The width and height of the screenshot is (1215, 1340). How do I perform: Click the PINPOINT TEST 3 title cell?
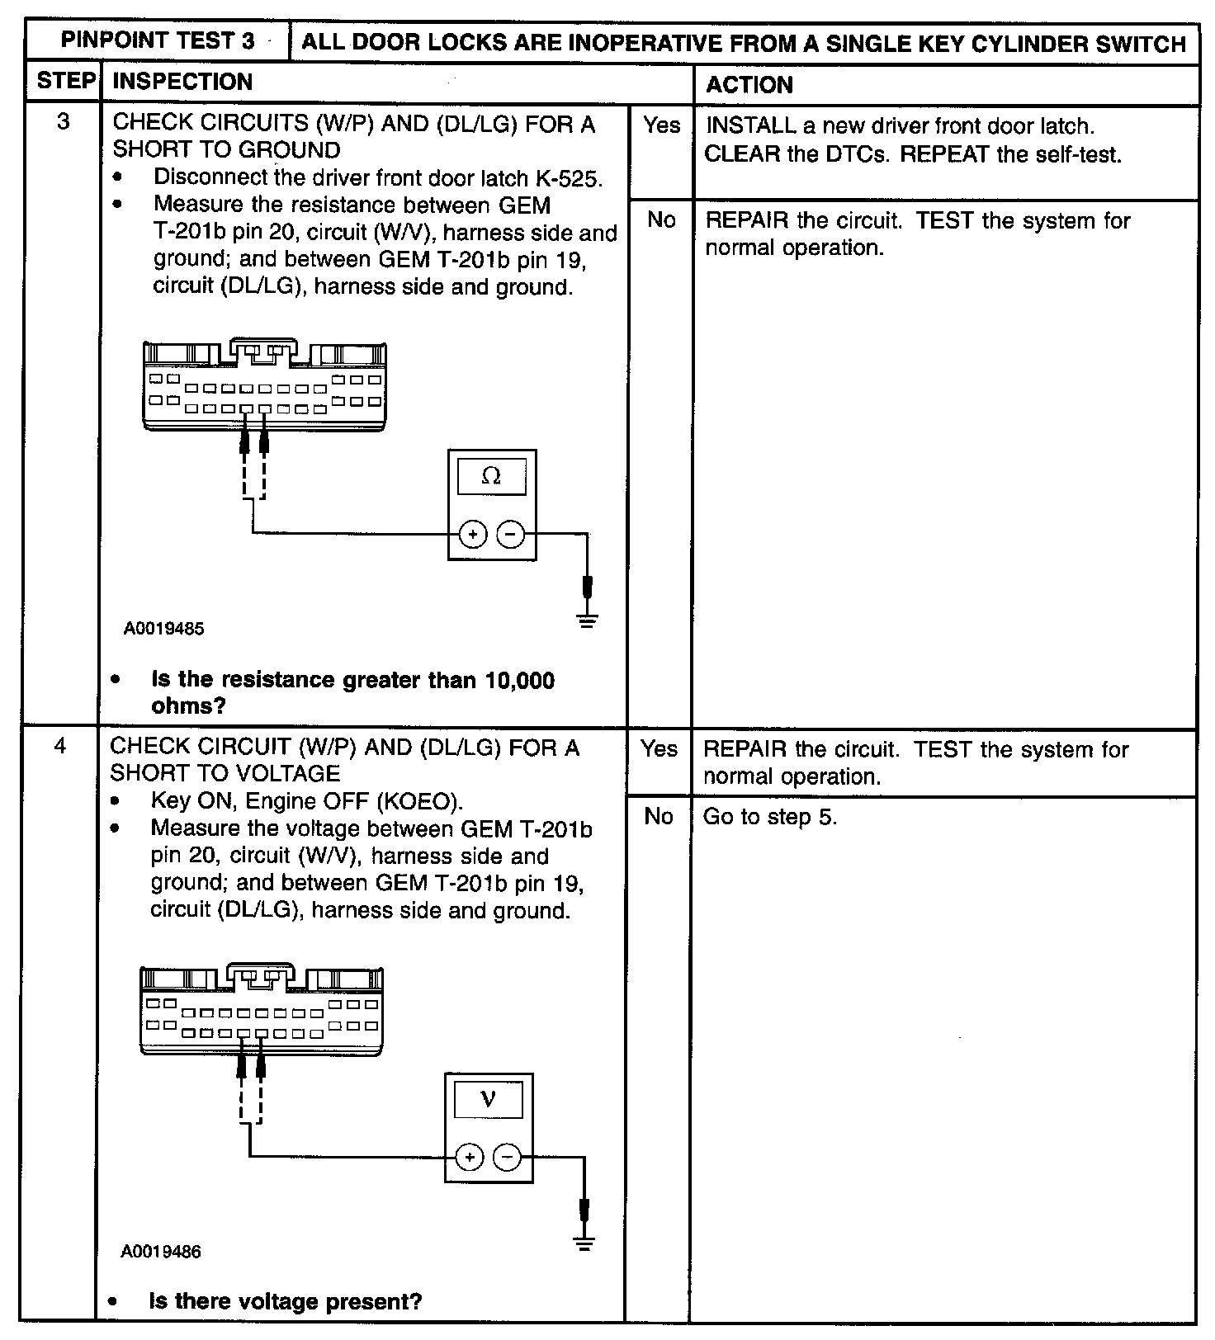point(158,40)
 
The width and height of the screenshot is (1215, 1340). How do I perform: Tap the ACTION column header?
point(749,84)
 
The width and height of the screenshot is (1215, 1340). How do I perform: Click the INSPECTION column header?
point(182,82)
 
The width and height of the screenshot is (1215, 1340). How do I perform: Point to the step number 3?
point(63,122)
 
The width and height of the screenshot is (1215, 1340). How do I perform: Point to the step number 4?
point(59,746)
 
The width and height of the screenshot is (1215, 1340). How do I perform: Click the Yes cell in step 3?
point(661,125)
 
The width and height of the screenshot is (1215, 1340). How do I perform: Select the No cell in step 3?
point(661,219)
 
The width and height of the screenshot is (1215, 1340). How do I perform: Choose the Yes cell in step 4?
point(659,748)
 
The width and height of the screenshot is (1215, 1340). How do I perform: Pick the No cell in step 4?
point(659,816)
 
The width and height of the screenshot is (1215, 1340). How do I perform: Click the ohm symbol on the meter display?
point(491,476)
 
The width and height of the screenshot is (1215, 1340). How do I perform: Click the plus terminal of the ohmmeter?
point(472,535)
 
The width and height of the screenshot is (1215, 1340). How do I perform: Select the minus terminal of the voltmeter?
point(508,1158)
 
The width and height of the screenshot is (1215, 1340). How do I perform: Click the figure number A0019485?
point(164,629)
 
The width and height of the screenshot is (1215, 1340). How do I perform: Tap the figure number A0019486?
point(161,1252)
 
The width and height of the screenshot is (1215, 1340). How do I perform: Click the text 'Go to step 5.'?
point(769,817)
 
